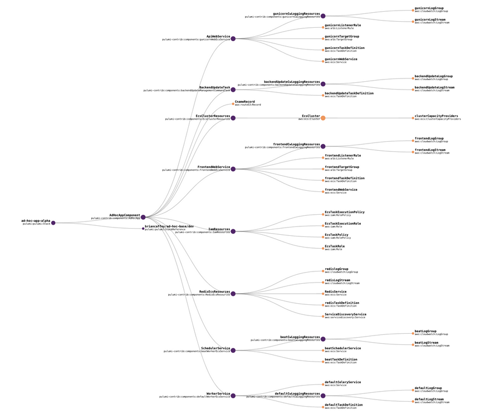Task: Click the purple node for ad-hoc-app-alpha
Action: (53, 223)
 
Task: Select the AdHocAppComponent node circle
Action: (143, 217)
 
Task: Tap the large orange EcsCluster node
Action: (323, 118)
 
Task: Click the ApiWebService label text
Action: (218, 36)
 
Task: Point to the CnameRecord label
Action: (245, 102)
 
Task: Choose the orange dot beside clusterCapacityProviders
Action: (413, 118)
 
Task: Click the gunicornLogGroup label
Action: (429, 8)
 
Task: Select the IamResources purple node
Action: (233, 231)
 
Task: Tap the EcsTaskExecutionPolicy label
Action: (345, 212)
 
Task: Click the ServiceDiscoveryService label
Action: (345, 314)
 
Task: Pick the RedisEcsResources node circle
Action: (233, 294)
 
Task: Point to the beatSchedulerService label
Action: (342, 348)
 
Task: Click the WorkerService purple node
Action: (233, 396)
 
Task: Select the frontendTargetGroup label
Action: (342, 167)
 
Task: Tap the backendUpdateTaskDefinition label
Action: (349, 93)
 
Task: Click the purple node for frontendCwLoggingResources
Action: (323, 146)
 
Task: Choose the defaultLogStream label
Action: (429, 399)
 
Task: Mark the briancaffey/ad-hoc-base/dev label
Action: (169, 226)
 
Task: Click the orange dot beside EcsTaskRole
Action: (323, 248)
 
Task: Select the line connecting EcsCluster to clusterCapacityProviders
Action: (367, 118)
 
